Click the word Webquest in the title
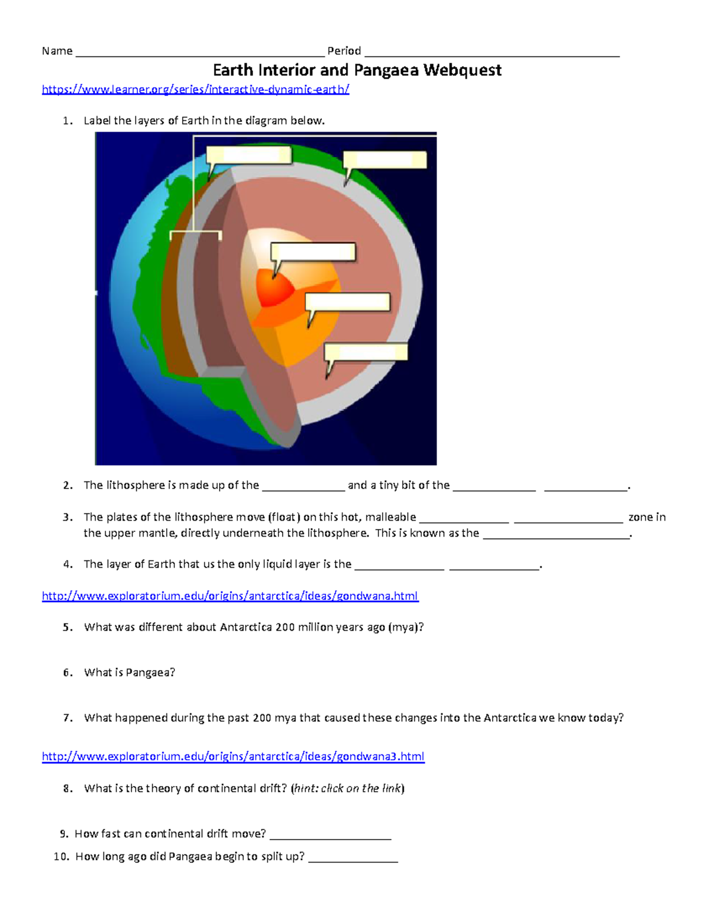(462, 70)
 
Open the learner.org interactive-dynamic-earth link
(195, 90)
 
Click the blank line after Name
(199, 52)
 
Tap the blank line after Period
(491, 52)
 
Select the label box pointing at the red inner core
(314, 252)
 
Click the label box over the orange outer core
(348, 302)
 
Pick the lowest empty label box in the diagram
(366, 352)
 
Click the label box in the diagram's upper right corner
(386, 159)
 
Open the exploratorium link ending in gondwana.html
(230, 596)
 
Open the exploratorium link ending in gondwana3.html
(233, 757)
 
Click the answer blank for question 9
(330, 835)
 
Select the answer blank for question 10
(352, 858)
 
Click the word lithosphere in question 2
(140, 486)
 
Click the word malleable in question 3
(390, 517)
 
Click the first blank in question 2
(303, 487)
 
